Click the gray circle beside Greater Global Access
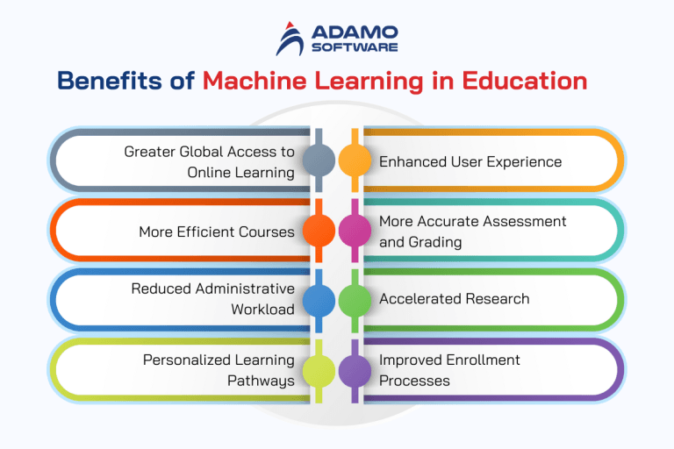point(319,160)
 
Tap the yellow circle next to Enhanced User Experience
point(355,160)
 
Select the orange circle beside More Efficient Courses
point(319,231)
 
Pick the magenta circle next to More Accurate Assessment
point(355,231)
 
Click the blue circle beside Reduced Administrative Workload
point(319,300)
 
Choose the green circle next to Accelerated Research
point(355,300)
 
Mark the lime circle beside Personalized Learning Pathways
point(319,370)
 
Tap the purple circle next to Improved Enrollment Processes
point(355,370)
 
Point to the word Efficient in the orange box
point(204,232)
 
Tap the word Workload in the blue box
point(263,310)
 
